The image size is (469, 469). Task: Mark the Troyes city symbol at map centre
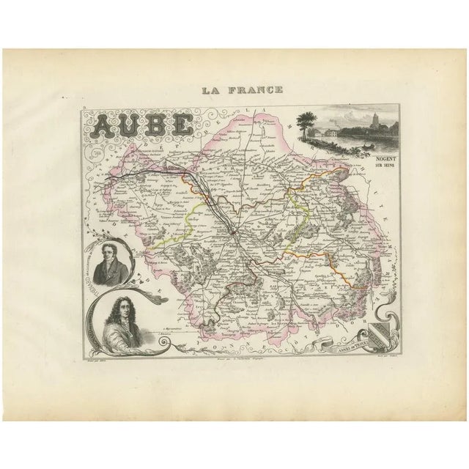coord(232,231)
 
